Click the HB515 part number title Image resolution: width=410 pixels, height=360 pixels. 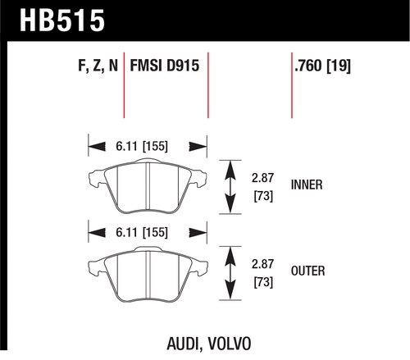(x=62, y=21)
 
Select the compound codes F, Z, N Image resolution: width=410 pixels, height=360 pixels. (x=98, y=66)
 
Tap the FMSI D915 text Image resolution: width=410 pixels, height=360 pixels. (x=165, y=66)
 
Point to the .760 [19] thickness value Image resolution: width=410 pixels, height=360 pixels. (x=322, y=66)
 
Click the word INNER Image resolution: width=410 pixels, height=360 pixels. (x=307, y=185)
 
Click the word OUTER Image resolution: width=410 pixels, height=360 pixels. (x=308, y=271)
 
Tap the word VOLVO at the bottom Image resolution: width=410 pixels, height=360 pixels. (x=230, y=344)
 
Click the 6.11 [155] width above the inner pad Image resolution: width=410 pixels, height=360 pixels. (x=142, y=146)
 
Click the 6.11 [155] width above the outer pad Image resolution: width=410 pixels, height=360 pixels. (x=142, y=233)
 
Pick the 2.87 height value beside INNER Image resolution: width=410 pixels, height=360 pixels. (x=262, y=178)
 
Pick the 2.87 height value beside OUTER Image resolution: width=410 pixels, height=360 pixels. (x=262, y=264)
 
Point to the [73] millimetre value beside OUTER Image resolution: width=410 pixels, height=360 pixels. (x=263, y=282)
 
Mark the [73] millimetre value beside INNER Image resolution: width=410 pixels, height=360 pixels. (x=263, y=196)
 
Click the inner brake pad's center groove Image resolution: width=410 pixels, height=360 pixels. (x=148, y=187)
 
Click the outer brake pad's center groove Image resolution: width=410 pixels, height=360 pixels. (x=148, y=274)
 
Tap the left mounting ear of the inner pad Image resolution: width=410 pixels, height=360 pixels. (x=96, y=178)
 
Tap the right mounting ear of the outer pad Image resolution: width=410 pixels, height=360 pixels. (x=199, y=266)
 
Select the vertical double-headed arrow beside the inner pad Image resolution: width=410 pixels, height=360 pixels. (x=230, y=187)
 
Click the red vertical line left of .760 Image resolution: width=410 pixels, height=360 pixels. (x=292, y=85)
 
